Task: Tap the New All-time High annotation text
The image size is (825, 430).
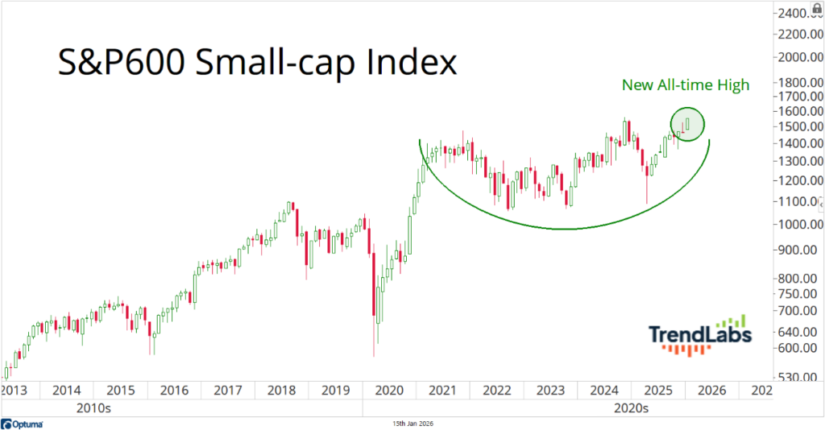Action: [x=686, y=85]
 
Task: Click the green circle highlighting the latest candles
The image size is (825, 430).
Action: [x=687, y=123]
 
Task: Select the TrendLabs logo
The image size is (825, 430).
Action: [x=699, y=335]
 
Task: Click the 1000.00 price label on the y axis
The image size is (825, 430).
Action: [x=800, y=225]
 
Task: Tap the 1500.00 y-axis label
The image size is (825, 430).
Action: [x=800, y=127]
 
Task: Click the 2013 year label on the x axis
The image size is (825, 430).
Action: [x=14, y=390]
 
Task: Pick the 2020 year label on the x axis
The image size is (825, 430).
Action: [x=389, y=390]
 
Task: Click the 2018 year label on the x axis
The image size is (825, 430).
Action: [x=282, y=390]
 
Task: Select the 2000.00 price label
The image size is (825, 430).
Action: [x=800, y=58]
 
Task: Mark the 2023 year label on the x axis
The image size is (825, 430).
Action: [x=551, y=390]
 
